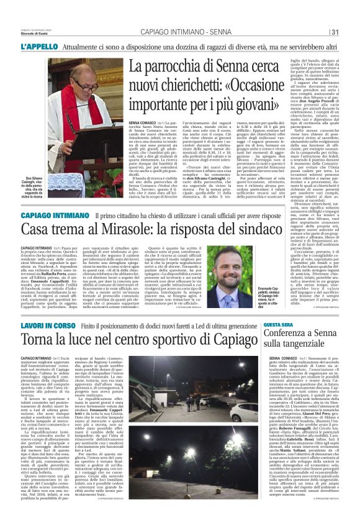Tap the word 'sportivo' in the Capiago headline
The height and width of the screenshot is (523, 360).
pyautogui.click(x=172, y=340)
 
